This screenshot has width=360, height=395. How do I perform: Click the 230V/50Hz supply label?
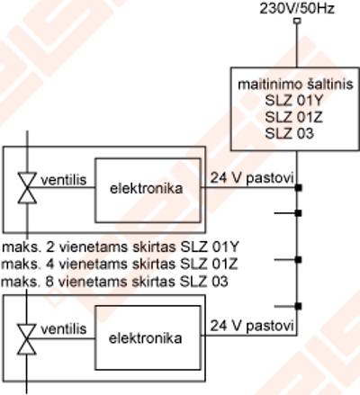[x=297, y=8]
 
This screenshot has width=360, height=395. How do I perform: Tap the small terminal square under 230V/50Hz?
[x=297, y=21]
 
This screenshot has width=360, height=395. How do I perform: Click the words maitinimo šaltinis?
[x=295, y=85]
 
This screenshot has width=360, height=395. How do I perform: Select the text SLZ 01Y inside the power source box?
[x=293, y=101]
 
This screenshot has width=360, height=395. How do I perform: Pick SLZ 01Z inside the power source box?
[x=293, y=117]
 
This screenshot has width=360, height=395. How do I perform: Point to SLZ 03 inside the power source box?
[x=289, y=133]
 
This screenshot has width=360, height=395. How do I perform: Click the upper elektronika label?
[x=147, y=189]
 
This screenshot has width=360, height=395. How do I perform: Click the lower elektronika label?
[x=145, y=338]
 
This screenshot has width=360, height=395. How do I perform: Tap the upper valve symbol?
[x=27, y=188]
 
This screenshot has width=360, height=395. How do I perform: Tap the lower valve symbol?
[x=27, y=339]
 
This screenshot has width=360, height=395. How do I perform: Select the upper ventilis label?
[x=64, y=180]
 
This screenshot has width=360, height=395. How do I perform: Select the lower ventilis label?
[x=64, y=329]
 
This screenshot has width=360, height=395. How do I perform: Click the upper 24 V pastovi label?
[x=252, y=178]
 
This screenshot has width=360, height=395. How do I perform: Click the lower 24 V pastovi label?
[x=252, y=326]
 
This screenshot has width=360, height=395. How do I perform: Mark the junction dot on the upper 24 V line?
[x=298, y=188]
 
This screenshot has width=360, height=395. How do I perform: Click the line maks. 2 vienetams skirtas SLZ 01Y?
[x=121, y=247]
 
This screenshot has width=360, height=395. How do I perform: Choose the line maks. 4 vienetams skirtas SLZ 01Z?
[x=120, y=265]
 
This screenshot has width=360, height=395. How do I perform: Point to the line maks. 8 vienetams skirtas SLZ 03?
[x=114, y=282]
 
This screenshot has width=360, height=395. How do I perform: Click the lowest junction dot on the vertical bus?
[x=298, y=306]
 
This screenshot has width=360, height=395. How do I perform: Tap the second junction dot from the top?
[x=298, y=213]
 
